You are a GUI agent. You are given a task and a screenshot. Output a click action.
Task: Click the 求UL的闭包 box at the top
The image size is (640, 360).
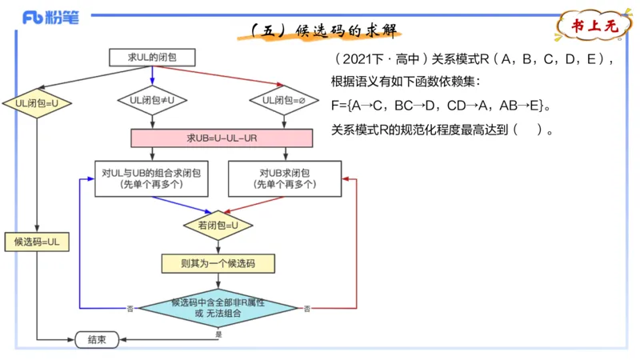click(x=151, y=58)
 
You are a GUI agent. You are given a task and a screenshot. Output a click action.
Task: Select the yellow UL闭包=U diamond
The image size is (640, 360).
click(x=38, y=102)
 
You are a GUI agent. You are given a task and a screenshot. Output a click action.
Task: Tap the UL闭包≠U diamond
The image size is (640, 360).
click(x=152, y=100)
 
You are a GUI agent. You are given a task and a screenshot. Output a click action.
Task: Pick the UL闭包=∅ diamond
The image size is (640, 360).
click(x=278, y=100)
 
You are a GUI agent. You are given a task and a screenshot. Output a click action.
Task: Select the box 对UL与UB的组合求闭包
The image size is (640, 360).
click(x=151, y=178)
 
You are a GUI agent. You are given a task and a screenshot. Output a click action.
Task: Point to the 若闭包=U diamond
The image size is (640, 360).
click(x=218, y=226)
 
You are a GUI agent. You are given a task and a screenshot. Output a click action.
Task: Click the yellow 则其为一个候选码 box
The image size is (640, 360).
click(x=218, y=262)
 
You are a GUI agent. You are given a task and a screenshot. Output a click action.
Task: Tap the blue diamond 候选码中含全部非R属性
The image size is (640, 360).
click(x=218, y=307)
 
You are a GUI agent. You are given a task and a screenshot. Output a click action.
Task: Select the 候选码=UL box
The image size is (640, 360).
click(x=38, y=241)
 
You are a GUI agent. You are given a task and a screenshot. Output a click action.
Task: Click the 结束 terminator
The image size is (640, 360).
click(x=97, y=339)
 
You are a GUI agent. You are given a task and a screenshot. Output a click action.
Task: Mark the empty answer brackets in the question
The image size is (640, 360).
click(x=526, y=128)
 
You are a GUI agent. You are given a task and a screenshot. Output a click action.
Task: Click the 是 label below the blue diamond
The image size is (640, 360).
click(x=218, y=334)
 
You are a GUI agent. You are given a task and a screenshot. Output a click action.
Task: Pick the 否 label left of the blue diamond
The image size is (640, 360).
click(x=130, y=308)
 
